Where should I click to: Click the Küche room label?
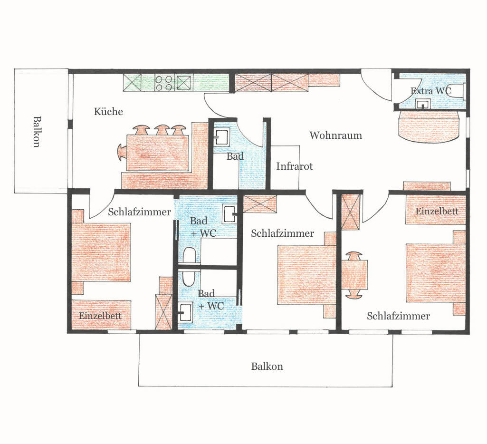(108, 112)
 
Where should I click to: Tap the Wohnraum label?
(336, 135)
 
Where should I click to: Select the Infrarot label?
(295, 166)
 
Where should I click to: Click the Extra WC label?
(431, 91)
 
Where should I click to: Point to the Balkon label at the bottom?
(267, 367)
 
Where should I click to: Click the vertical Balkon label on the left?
(37, 132)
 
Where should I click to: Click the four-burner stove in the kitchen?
(164, 83)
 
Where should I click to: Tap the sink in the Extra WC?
(423, 104)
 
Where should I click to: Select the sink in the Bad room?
(221, 137)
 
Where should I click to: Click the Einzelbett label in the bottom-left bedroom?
(100, 316)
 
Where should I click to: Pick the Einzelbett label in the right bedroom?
(437, 211)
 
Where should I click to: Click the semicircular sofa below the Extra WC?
(429, 126)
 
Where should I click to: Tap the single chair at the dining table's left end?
(122, 152)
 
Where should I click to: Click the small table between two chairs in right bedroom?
(354, 275)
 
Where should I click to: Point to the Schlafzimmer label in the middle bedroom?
(282, 233)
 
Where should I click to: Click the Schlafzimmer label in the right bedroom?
(398, 316)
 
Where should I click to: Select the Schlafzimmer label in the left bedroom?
(140, 212)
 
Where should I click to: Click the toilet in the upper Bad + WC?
(189, 255)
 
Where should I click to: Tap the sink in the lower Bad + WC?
(185, 312)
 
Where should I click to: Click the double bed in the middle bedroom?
(307, 275)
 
